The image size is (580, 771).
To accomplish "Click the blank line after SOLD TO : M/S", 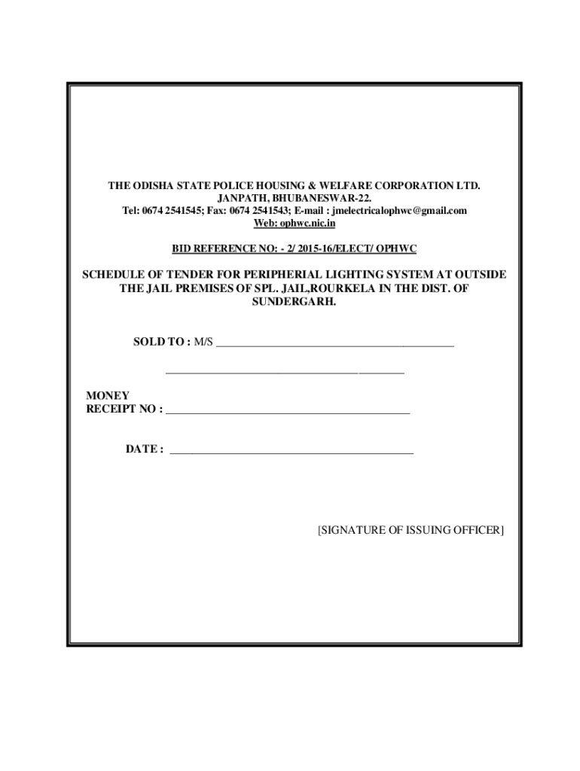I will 334,345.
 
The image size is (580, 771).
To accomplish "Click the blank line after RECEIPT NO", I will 287,413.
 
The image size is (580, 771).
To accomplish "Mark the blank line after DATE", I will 292,452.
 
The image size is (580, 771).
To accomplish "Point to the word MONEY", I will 108,395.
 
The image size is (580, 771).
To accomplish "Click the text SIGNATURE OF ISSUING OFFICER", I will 411,530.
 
